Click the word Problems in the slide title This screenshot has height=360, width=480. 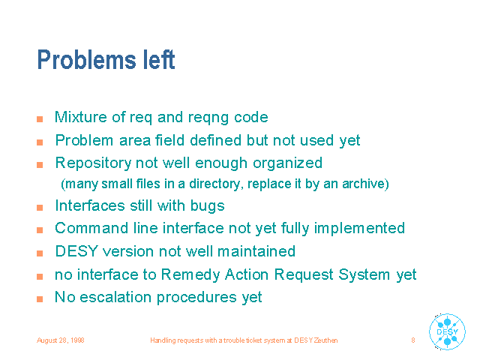pos(86,60)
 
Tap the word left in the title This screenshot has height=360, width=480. pos(159,59)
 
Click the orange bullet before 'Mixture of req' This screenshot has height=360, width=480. pos(40,119)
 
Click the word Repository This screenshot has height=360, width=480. pos(93,163)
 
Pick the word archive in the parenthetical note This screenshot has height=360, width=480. pos(365,184)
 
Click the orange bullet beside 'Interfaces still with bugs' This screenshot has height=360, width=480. pos(40,208)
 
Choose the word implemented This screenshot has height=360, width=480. pos(359,229)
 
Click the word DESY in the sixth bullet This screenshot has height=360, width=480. pos(76,251)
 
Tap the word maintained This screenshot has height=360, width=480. pos(256,251)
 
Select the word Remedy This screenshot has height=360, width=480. pos(190,275)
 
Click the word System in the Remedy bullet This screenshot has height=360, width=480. pos(364,275)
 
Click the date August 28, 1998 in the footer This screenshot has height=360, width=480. pos(61,340)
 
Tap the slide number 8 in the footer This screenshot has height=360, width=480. pos(413,340)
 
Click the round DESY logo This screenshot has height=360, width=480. pos(447,331)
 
